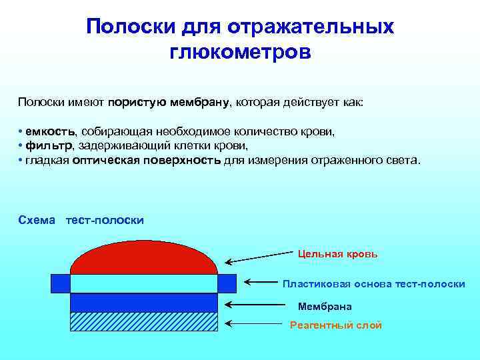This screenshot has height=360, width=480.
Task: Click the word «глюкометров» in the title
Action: click(x=240, y=51)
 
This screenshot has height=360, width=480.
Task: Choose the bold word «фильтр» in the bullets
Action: click(x=49, y=146)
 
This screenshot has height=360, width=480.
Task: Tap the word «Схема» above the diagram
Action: click(x=37, y=220)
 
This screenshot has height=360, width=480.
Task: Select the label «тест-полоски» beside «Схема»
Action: click(x=105, y=220)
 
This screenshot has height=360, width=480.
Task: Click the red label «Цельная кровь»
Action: click(x=338, y=254)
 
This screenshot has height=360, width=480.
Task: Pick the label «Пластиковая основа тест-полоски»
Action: click(x=373, y=284)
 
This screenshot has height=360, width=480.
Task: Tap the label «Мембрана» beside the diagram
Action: click(x=325, y=307)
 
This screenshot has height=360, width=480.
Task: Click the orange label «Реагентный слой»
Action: click(x=336, y=325)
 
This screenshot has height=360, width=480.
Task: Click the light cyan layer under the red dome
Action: click(x=143, y=283)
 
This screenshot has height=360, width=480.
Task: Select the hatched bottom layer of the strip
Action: click(x=143, y=321)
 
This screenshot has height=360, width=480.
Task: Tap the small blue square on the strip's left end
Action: click(x=60, y=283)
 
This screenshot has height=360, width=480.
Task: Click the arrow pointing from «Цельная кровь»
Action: click(x=260, y=257)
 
